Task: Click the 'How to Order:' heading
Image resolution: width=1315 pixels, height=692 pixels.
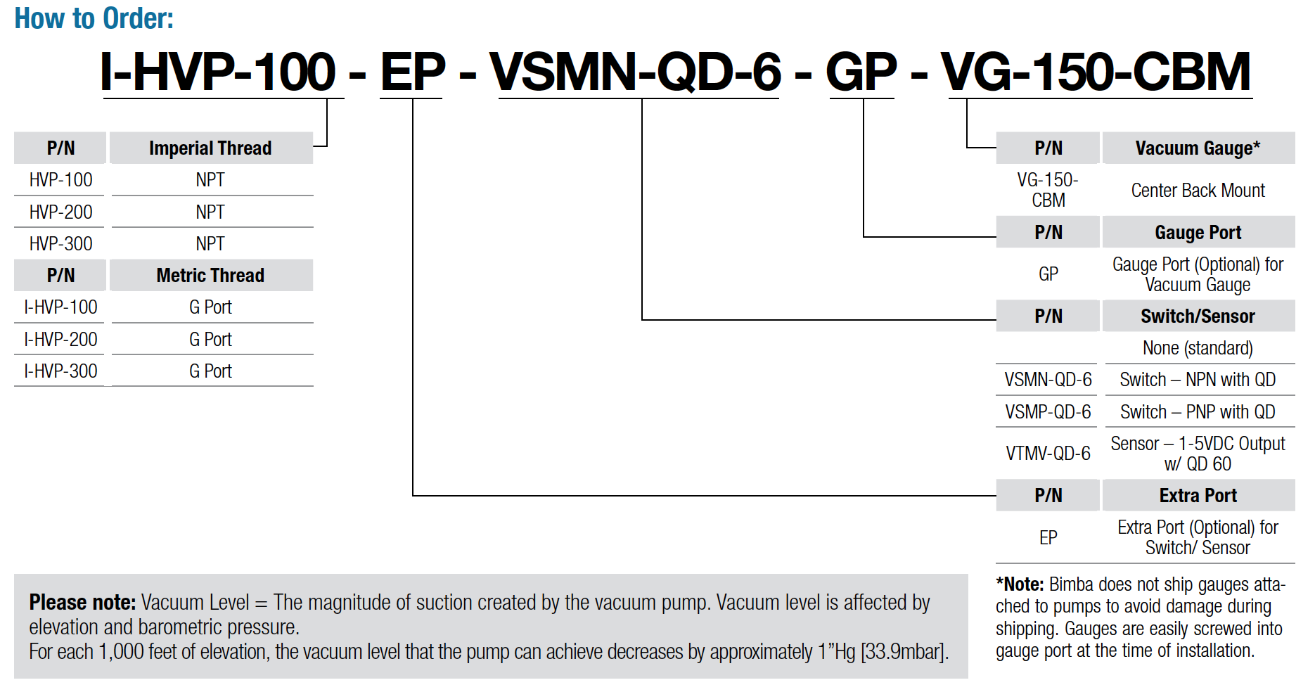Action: coord(94,18)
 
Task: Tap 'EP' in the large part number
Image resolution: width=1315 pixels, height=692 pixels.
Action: coord(413,72)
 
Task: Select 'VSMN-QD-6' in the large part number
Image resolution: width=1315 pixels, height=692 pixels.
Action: coord(636,72)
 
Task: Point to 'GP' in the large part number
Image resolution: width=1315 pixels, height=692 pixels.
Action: coord(861,72)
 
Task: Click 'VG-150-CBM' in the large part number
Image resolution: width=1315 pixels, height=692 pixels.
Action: coord(1096,72)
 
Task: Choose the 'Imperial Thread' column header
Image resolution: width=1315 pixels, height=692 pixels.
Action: coord(210,148)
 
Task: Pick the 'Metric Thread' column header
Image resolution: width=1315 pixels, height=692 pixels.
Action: coord(210,276)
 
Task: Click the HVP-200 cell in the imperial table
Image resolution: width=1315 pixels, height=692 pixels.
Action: coord(60,212)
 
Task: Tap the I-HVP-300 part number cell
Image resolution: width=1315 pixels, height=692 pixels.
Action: coord(60,371)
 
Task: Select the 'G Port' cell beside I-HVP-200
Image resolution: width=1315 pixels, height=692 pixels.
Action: coord(210,339)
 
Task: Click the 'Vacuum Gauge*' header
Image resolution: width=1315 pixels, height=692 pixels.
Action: coord(1198,148)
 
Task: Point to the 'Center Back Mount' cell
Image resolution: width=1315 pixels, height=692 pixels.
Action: coord(1198,191)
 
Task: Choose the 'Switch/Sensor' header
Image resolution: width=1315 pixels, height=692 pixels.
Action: coord(1198,316)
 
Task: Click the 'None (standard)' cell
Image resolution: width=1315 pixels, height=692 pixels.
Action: coord(1198,348)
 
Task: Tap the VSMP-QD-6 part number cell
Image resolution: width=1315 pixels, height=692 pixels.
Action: coord(1048,412)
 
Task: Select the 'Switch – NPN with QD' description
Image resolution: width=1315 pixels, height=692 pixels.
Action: coord(1198,380)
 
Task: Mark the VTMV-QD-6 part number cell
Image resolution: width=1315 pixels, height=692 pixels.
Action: coord(1048,454)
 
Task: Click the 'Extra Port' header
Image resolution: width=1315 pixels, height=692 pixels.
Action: coord(1198,496)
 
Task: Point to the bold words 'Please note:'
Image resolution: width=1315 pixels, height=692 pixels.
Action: coord(82,603)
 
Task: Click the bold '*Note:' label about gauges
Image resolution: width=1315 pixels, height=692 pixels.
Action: coord(1020,584)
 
